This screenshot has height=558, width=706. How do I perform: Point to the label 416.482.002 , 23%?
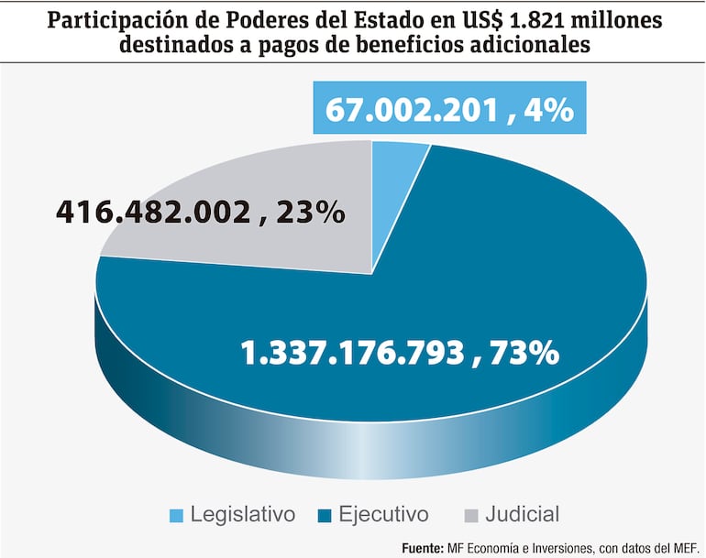[201, 213]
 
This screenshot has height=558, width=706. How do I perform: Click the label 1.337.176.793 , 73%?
[399, 352]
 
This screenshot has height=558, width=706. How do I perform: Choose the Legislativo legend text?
[243, 514]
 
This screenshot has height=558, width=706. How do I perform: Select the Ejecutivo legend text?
[383, 514]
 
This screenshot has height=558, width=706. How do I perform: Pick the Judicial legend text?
[516, 514]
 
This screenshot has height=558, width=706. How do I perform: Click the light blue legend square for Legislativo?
[177, 515]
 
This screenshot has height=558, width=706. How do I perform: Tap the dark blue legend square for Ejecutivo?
[325, 515]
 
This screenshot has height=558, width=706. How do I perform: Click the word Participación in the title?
[102, 19]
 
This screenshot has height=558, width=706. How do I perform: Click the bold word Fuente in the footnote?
[425, 547]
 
